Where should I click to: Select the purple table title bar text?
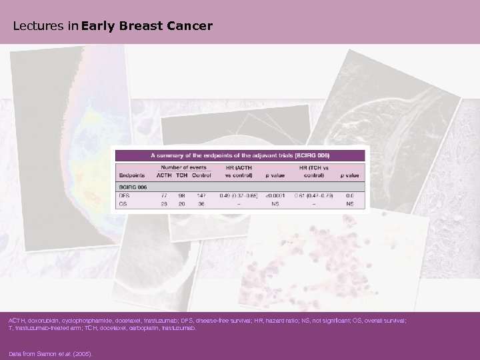click(244, 155)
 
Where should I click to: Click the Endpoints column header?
click(132, 175)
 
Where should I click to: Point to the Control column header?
click(201, 175)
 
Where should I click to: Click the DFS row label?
click(125, 195)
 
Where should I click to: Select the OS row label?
click(123, 204)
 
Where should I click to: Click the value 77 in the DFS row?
click(163, 195)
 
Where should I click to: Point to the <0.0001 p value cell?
click(273, 195)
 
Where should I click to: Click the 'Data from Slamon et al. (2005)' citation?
click(50, 354)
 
